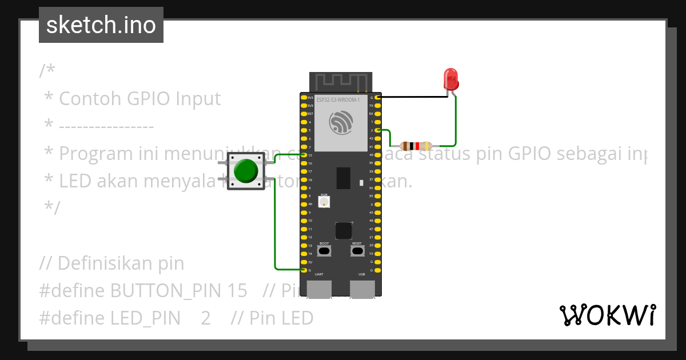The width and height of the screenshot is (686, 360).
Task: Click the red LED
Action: pyautogui.click(x=451, y=79)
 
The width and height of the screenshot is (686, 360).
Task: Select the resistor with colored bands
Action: pyautogui.click(x=416, y=146)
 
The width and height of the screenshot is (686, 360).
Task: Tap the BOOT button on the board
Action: pyautogui.click(x=324, y=251)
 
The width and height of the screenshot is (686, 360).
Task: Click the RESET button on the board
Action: pyautogui.click(x=357, y=251)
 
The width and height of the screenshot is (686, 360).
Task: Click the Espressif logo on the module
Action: pyautogui.click(x=341, y=123)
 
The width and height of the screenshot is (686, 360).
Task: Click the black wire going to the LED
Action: pyautogui.click(x=412, y=97)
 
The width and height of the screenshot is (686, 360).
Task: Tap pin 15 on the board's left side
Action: pyautogui.click(x=304, y=155)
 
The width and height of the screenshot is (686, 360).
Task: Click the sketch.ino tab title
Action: pyautogui.click(x=101, y=25)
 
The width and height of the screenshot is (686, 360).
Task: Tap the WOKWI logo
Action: pyautogui.click(x=607, y=315)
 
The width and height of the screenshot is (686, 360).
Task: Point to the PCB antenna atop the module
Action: pyautogui.click(x=341, y=82)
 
